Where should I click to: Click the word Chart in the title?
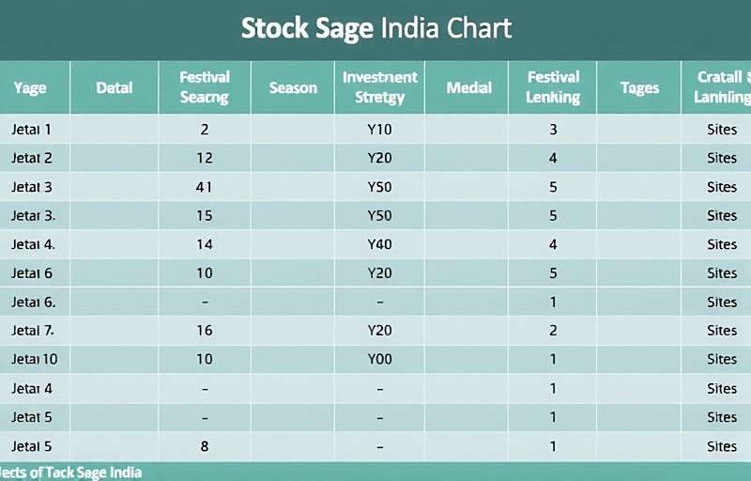pos(479,27)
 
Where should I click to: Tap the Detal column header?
pos(115,88)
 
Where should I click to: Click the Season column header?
pos(293,88)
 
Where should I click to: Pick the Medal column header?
pos(469,88)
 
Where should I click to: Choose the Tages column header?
pos(639,88)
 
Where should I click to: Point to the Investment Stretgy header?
pos(380,87)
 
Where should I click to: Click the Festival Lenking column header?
pos(553,87)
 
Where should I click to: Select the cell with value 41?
pos(205,187)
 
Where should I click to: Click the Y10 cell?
pos(379,130)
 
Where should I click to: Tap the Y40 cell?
pos(379,244)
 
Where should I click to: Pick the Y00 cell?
pos(379,359)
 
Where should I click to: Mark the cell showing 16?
pos(205,330)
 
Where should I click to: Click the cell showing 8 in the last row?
pos(205,446)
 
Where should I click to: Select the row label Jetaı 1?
pos(32,130)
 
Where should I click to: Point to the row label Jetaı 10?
pos(35,359)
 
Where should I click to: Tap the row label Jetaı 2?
pos(32,158)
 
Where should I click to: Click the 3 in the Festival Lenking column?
pos(553,130)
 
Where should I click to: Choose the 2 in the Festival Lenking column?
pos(553,330)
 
